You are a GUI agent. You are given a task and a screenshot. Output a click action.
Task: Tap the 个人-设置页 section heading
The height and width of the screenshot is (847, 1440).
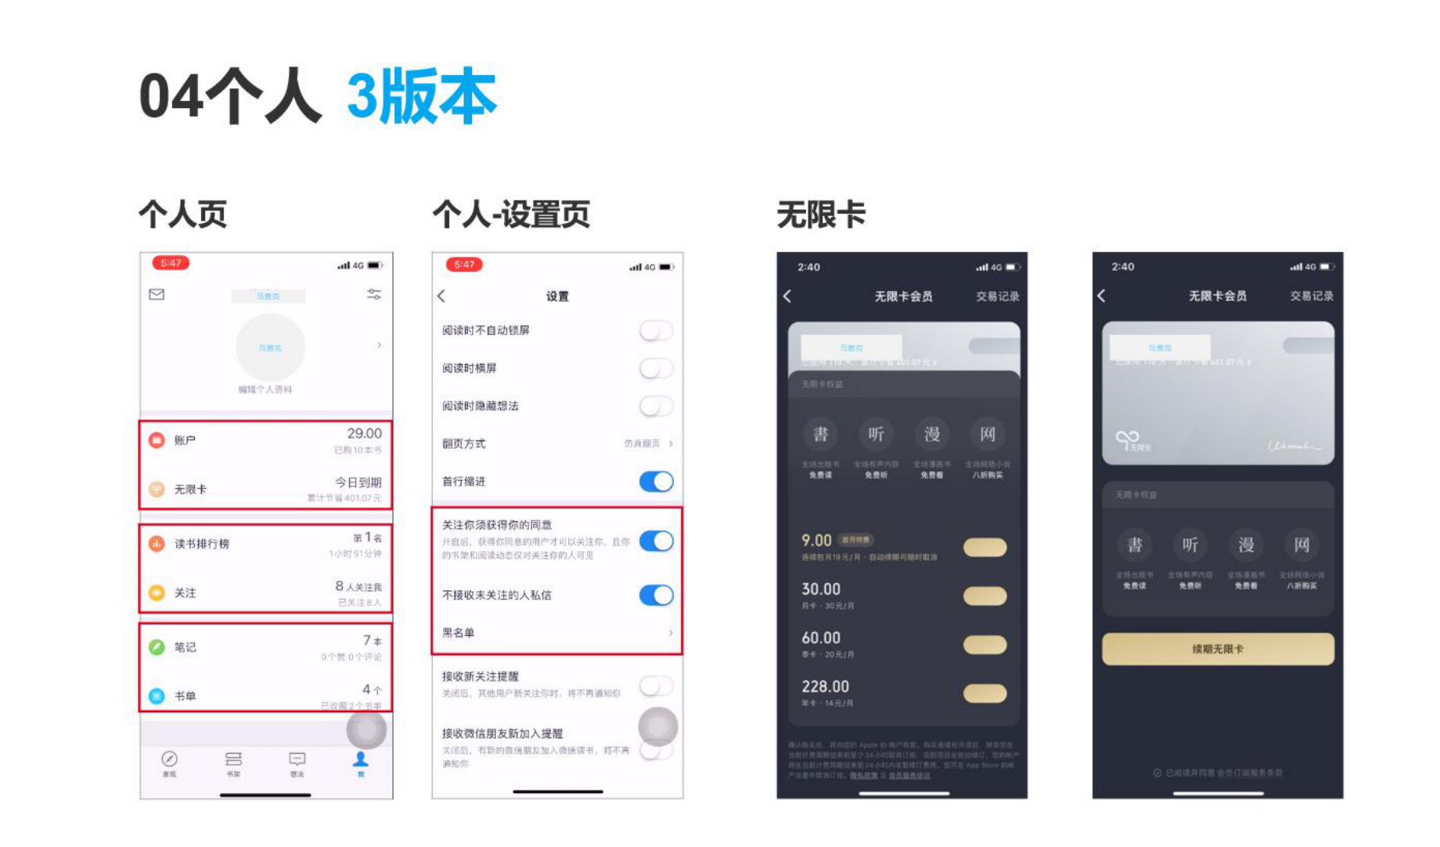511,214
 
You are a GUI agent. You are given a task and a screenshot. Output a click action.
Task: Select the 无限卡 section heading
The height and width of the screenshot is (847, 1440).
821,214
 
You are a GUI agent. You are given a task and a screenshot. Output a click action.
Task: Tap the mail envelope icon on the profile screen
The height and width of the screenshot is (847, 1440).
157,294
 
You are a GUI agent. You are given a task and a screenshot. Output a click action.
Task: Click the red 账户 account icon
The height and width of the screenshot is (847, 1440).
157,441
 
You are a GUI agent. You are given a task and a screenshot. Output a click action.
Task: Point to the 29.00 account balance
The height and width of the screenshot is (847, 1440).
364,434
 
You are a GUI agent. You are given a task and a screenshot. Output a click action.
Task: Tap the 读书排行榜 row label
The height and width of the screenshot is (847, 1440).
202,544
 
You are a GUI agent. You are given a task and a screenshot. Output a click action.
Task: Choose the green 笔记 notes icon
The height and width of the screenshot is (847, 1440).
157,647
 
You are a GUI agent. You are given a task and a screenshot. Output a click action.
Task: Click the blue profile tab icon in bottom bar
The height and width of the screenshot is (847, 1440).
361,759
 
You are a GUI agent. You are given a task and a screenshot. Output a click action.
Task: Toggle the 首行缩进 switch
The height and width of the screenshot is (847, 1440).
656,481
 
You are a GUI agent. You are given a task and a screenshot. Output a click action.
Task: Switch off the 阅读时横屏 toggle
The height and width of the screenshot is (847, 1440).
656,368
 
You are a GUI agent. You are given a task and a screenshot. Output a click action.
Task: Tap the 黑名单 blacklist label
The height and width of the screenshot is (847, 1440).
459,633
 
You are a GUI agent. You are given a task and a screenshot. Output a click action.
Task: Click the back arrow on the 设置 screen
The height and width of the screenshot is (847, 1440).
441,296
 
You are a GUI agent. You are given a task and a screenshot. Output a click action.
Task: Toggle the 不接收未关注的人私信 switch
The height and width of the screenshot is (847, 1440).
656,596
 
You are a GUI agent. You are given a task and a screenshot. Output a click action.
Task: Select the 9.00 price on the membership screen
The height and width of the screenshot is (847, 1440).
816,541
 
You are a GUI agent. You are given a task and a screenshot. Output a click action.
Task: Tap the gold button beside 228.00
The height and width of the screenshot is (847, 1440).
985,694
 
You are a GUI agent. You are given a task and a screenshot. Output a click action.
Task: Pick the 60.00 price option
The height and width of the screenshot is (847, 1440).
821,639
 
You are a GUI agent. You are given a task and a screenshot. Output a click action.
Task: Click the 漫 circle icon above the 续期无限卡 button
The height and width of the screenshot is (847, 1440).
1246,545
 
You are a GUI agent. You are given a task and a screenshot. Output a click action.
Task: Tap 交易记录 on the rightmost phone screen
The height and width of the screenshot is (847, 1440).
1312,296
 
